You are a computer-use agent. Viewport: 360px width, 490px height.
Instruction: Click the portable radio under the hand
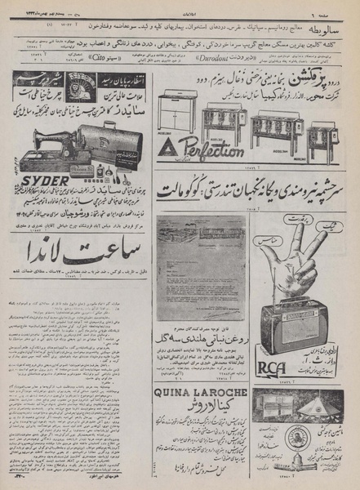pos(298,326)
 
